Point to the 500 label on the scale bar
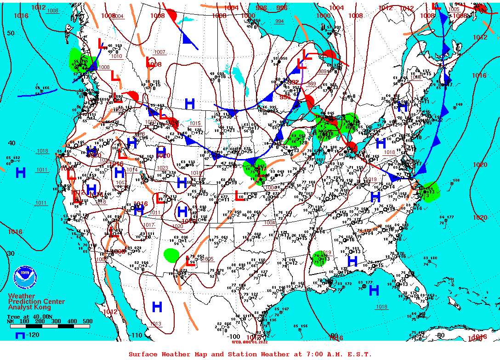(x=87, y=321)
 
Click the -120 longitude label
(x=32, y=335)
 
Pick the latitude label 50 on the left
(x=11, y=33)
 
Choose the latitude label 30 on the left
(x=11, y=253)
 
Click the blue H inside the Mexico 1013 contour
(x=157, y=306)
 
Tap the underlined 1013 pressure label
(x=156, y=324)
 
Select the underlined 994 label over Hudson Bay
(x=279, y=22)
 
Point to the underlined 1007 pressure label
(x=159, y=52)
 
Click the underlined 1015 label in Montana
(x=195, y=123)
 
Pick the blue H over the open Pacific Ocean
(x=21, y=173)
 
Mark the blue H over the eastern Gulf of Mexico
(x=374, y=290)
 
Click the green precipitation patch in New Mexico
(x=171, y=254)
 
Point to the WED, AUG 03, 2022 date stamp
(x=250, y=342)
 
